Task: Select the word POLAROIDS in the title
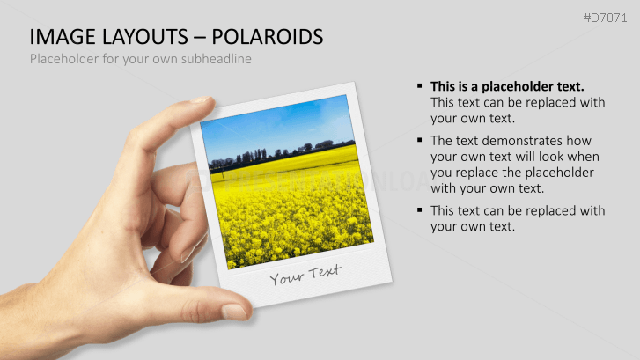pyautogui.click(x=275, y=37)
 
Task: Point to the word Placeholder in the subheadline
pyautogui.click(x=63, y=59)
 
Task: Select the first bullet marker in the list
pyautogui.click(x=420, y=86)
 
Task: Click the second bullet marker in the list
pyautogui.click(x=420, y=141)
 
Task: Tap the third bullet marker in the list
pyautogui.click(x=420, y=210)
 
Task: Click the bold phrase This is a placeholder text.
pyautogui.click(x=507, y=86)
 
